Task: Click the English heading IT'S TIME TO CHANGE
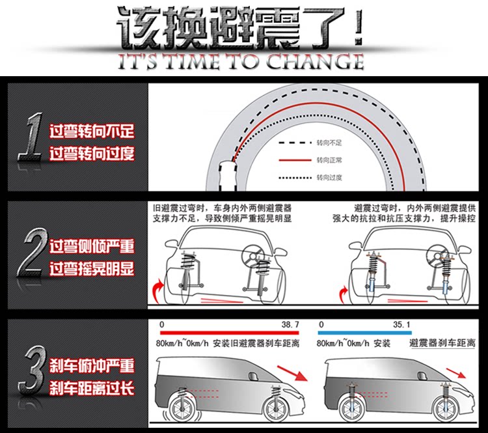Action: coord(240,63)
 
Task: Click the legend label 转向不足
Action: coord(329,142)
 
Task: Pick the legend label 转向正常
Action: coord(329,160)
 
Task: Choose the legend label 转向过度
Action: coord(329,177)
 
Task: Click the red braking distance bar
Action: coord(228,332)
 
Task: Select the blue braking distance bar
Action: coord(365,332)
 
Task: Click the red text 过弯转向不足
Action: coord(92,131)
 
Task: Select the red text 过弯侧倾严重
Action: coord(92,246)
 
